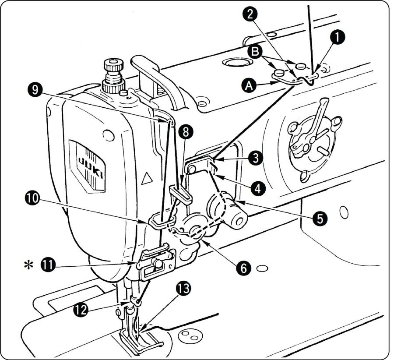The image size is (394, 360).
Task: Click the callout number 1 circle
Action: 338,37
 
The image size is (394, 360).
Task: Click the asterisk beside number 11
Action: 29,265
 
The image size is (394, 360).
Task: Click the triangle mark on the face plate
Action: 147,177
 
